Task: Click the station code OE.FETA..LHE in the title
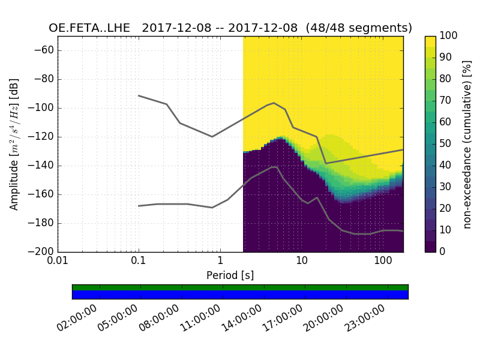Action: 92,28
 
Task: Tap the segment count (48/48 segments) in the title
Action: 359,28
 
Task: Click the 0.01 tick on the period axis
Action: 58,262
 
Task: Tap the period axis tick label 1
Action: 220,262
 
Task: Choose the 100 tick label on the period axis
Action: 383,262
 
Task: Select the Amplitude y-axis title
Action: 14,144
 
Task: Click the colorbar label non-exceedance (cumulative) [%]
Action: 468,144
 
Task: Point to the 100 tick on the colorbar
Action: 449,36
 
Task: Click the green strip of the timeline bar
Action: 240,287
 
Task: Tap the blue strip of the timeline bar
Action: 240,295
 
